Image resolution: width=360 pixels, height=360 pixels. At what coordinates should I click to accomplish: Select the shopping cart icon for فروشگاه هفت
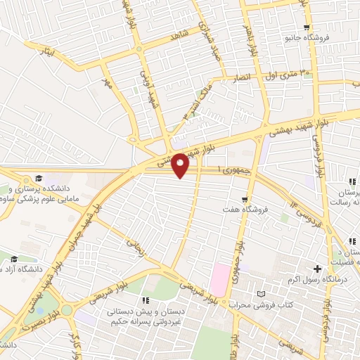click(x=245, y=199)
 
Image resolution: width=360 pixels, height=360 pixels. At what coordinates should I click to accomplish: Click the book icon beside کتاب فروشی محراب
click(x=263, y=292)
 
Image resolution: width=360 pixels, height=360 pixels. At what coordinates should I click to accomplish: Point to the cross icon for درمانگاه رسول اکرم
click(x=318, y=268)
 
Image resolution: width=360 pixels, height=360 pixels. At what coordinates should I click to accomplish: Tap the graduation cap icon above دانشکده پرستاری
click(x=39, y=179)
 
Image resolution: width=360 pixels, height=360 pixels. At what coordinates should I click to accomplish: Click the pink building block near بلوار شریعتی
click(x=220, y=280)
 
